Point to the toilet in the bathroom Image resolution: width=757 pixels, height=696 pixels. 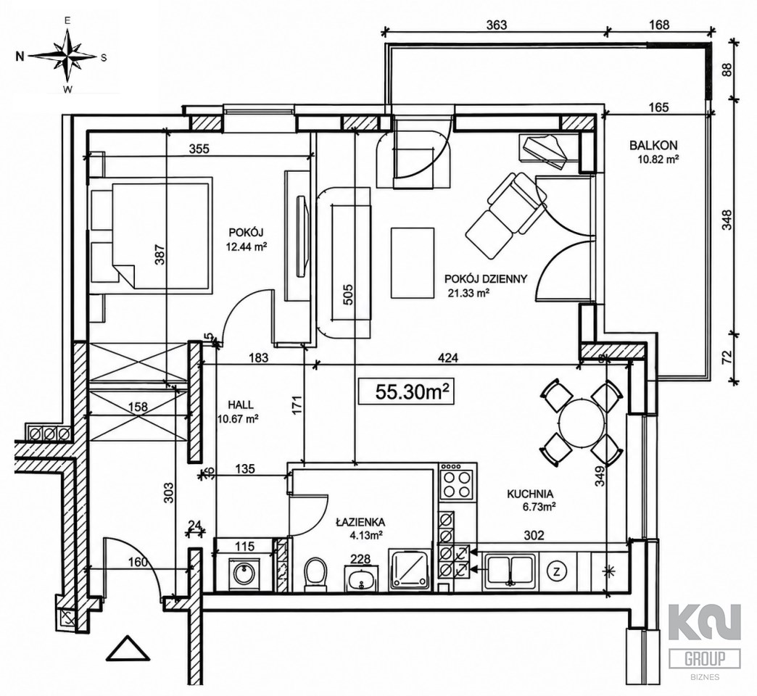point(317,573)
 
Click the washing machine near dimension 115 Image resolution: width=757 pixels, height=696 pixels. point(244,573)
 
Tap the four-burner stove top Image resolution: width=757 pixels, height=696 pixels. point(457,484)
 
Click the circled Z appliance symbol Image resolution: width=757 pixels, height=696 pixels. point(557,572)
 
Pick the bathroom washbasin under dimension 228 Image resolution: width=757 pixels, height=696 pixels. point(360,577)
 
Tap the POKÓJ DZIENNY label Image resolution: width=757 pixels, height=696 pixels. point(485,279)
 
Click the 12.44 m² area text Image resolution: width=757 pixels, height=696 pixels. point(247,248)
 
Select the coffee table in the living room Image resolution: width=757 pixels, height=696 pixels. point(412,263)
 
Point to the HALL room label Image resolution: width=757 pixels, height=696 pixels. point(241,405)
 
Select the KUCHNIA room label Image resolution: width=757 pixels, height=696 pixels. point(529,494)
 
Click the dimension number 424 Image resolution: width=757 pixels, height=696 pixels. point(449,358)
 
